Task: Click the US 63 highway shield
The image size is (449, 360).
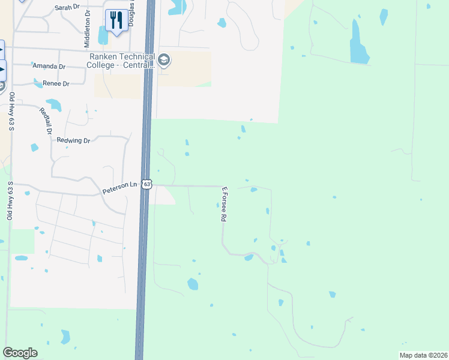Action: pyautogui.click(x=147, y=185)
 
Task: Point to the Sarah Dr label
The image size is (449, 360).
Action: pyautogui.click(x=67, y=7)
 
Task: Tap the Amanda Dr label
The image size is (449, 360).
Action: pyautogui.click(x=49, y=66)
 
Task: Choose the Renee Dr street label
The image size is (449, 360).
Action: pyautogui.click(x=56, y=83)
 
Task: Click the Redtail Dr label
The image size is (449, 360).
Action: pyautogui.click(x=46, y=121)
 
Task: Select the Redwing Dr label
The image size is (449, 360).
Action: pyautogui.click(x=73, y=140)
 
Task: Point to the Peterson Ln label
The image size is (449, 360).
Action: pyautogui.click(x=119, y=188)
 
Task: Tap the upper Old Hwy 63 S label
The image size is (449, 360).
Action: pyautogui.click(x=11, y=111)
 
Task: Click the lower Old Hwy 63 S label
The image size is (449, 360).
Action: pyautogui.click(x=9, y=200)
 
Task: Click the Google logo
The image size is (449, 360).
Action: pyautogui.click(x=20, y=353)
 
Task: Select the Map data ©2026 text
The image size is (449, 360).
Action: pyautogui.click(x=423, y=355)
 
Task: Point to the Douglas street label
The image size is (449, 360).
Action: pyautogui.click(x=130, y=13)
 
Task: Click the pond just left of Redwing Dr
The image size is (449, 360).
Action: pyautogui.click(x=34, y=147)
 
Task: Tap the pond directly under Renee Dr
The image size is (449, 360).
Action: pyautogui.click(x=54, y=106)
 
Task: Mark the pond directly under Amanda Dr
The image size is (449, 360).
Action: pyautogui.click(x=38, y=82)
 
